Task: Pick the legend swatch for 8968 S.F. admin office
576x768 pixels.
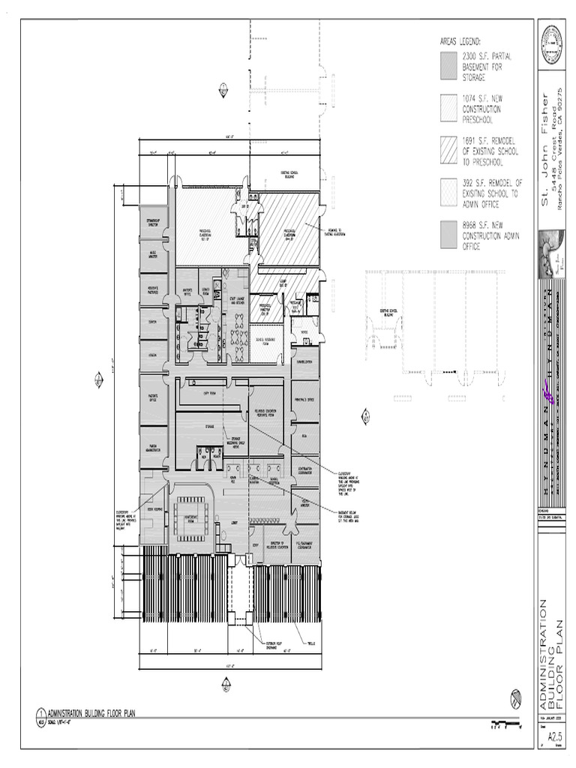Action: pyautogui.click(x=448, y=231)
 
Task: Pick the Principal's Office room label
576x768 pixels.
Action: pyautogui.click(x=305, y=400)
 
